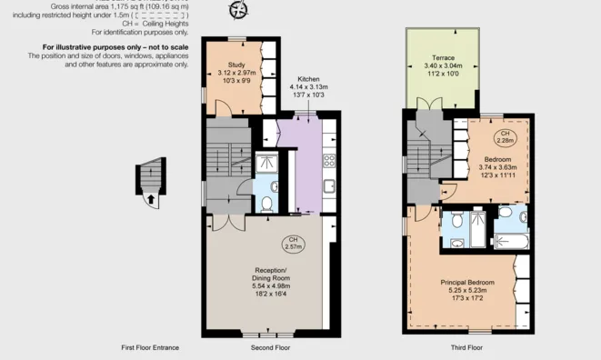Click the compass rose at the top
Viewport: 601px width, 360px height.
[x=239, y=10]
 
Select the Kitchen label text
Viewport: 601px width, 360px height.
[x=308, y=80]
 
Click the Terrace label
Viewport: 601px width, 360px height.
[x=440, y=57]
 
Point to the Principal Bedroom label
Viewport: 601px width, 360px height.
[x=467, y=283]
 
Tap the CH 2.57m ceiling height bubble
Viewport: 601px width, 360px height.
[x=294, y=244]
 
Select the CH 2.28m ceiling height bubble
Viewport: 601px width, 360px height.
[x=506, y=138]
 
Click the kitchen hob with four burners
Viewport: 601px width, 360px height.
[x=329, y=162]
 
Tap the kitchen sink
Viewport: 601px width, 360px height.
[x=329, y=187]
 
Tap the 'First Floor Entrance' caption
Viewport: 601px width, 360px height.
[x=150, y=348]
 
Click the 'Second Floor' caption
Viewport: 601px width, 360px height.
[x=270, y=348]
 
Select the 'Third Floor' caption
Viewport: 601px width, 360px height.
[x=466, y=348]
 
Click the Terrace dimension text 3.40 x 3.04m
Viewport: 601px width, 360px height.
[x=440, y=65]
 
